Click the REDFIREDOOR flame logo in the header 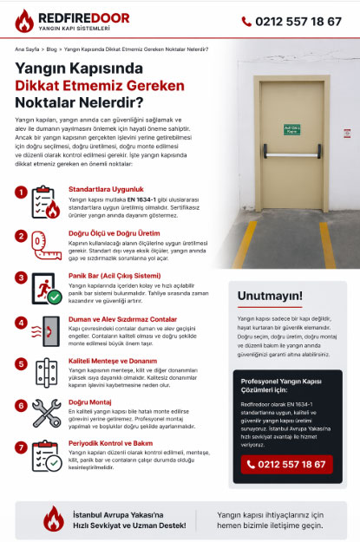click(x=23, y=20)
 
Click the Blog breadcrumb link click(x=53, y=50)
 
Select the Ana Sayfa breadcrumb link click(x=27, y=50)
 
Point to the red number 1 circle click(x=21, y=191)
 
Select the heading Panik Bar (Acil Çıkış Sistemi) click(x=114, y=276)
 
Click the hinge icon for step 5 click(x=45, y=374)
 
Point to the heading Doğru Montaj click(x=90, y=403)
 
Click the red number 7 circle click(x=21, y=447)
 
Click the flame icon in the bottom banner click(x=55, y=519)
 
